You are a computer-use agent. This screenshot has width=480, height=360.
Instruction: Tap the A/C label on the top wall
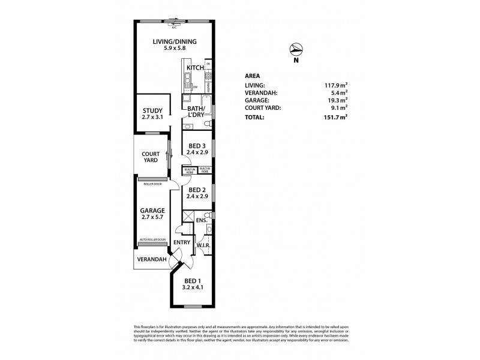[x=175, y=28]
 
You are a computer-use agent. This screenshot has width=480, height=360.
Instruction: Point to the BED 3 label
[x=198, y=146]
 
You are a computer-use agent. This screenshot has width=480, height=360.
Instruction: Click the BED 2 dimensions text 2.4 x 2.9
[x=198, y=196]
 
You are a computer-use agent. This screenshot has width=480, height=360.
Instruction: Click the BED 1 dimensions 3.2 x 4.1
[x=194, y=287]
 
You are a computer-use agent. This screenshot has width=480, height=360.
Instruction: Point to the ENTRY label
[x=182, y=242]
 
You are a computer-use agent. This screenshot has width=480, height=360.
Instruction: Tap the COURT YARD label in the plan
[x=151, y=157]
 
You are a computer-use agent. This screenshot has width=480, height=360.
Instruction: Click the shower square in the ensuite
[x=188, y=217]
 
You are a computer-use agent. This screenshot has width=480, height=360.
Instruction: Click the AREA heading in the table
[x=253, y=76]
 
